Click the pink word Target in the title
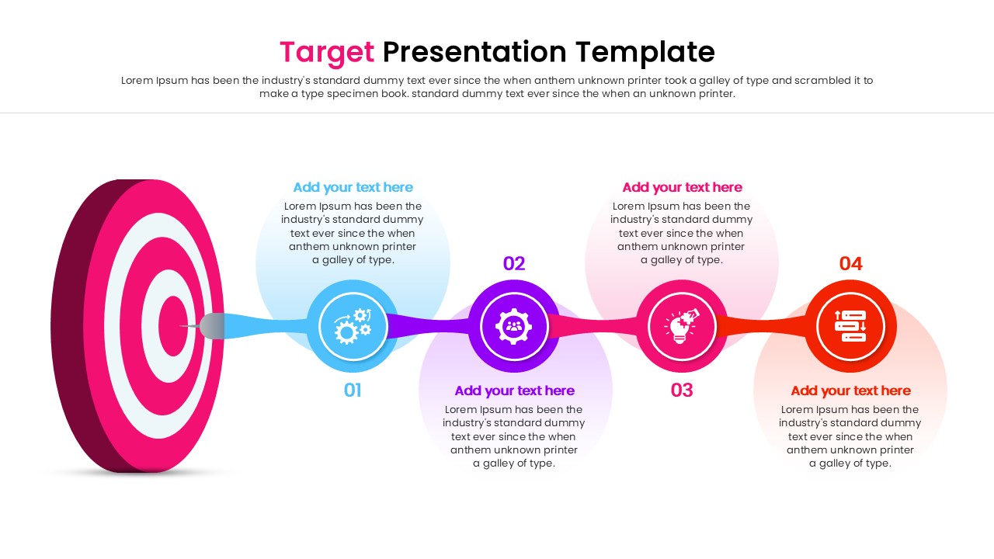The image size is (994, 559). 326,52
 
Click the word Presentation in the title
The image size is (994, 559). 474,52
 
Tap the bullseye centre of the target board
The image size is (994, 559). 172,326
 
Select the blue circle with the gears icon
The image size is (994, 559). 353,326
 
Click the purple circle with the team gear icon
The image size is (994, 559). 514,326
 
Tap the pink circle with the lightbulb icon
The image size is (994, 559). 682,326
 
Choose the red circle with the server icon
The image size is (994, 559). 850,326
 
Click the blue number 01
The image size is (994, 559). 353,391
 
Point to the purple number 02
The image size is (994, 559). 514,264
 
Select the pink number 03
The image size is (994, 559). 682,391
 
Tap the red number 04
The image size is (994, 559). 850,264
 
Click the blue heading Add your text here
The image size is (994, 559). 353,187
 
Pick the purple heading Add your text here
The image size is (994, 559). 514,391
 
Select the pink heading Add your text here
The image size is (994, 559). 682,187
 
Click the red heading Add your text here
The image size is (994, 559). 850,391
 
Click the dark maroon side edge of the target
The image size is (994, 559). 74,326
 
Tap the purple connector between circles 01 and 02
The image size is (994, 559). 431,325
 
